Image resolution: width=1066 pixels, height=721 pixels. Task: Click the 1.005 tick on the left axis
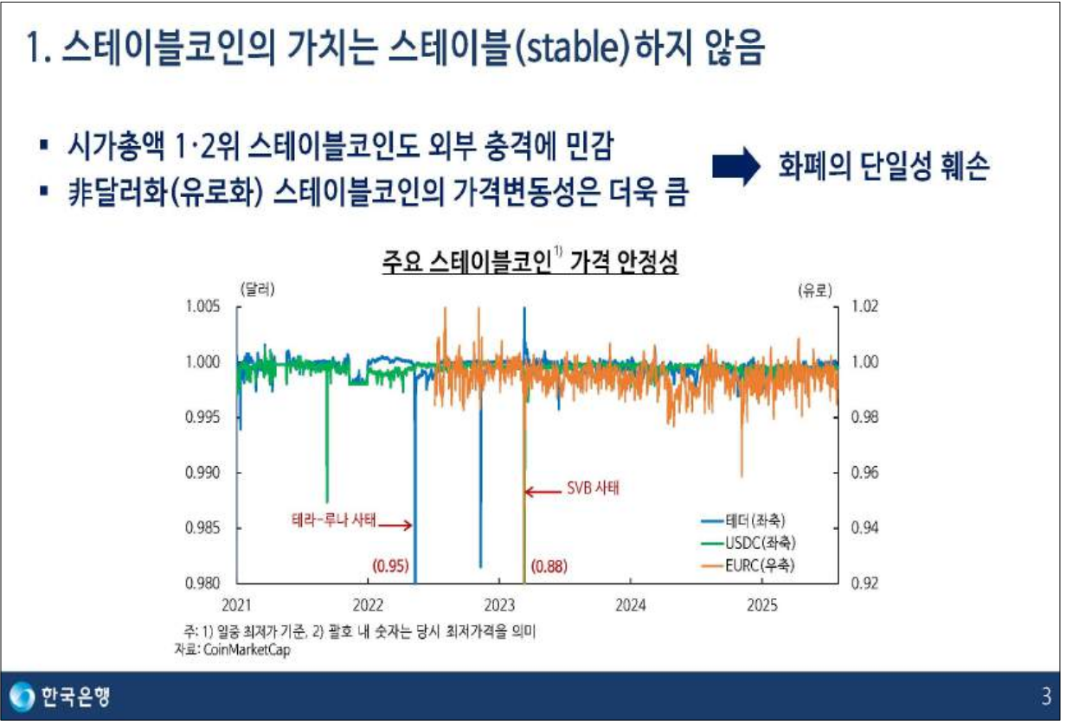(x=202, y=307)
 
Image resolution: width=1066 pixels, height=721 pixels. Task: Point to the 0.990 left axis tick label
(x=202, y=473)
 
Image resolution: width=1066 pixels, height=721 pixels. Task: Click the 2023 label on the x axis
(x=500, y=604)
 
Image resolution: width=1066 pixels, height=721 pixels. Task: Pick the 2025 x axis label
(x=762, y=604)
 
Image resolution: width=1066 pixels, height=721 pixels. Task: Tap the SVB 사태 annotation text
(x=594, y=487)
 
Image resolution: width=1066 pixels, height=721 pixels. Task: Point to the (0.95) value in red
(x=389, y=566)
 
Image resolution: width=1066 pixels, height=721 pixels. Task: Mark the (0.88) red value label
(x=549, y=566)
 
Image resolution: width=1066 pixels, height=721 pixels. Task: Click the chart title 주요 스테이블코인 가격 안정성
(x=530, y=259)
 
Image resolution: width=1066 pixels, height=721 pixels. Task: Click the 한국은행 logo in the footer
(x=61, y=695)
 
